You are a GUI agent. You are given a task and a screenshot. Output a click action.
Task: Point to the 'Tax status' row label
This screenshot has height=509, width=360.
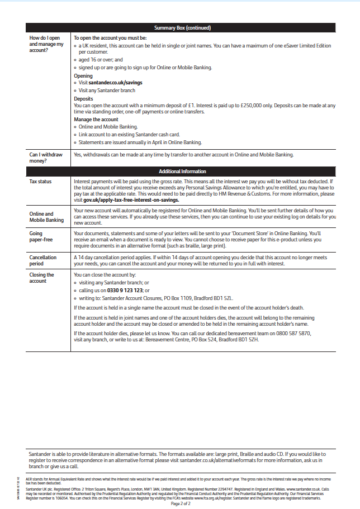pyautogui.click(x=41, y=182)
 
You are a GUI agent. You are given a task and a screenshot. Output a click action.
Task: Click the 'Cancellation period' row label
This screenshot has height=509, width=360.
pyautogui.click(x=42, y=261)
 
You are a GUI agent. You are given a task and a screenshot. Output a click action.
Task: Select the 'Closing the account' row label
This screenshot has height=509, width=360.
pyautogui.click(x=42, y=278)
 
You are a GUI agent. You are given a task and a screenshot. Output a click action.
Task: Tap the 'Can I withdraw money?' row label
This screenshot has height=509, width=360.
pyautogui.click(x=46, y=158)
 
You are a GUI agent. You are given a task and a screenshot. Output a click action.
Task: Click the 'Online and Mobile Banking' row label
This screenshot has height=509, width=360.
pyautogui.click(x=46, y=217)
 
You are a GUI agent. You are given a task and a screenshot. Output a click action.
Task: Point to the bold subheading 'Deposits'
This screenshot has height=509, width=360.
pyautogui.click(x=83, y=98)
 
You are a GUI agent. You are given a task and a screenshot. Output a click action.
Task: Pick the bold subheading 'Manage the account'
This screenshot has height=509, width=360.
pyautogui.click(x=96, y=120)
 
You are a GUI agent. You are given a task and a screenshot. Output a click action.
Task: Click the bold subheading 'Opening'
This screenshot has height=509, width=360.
pyautogui.click(x=83, y=75)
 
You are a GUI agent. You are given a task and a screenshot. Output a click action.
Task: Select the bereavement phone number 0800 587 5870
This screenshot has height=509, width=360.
pyautogui.click(x=291, y=333)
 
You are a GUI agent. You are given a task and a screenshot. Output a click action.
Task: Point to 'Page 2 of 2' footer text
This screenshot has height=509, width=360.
pyautogui.click(x=180, y=503)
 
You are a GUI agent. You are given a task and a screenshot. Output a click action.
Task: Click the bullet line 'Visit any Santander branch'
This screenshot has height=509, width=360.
pyautogui.click(x=107, y=90)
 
